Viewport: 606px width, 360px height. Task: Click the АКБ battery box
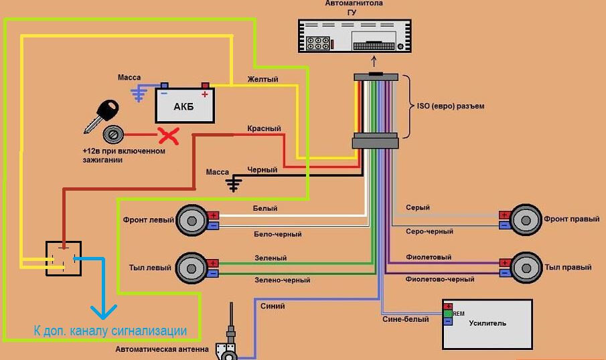(x=185, y=106)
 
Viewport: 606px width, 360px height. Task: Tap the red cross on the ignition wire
(x=169, y=136)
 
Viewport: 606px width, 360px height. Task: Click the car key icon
(x=101, y=116)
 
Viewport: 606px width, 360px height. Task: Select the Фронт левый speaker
(x=192, y=220)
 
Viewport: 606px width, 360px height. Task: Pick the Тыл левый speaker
(x=192, y=268)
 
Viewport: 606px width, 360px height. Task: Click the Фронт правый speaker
(x=526, y=219)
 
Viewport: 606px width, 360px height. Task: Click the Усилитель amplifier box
(x=487, y=325)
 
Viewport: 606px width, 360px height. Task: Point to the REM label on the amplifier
(x=459, y=314)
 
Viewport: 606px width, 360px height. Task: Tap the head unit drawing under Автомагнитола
(x=355, y=36)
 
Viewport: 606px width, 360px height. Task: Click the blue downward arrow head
(x=104, y=312)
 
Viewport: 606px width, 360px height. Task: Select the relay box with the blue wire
(x=64, y=258)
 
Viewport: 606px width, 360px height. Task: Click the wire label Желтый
(x=262, y=79)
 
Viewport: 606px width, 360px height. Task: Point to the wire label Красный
(x=264, y=128)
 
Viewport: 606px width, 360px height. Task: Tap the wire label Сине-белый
(x=405, y=319)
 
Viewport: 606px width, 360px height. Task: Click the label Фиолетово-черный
(x=440, y=279)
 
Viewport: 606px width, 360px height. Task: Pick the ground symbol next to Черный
(x=234, y=184)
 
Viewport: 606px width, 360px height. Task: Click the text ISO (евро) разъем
(x=450, y=106)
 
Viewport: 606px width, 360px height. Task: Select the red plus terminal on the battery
(x=205, y=86)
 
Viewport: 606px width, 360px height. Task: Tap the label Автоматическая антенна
(x=162, y=349)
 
